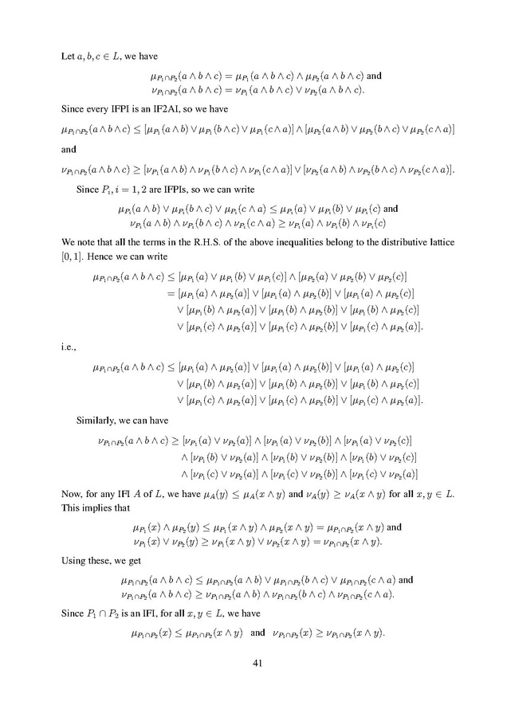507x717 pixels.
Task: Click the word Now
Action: click(x=73, y=494)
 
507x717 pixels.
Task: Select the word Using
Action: click(x=76, y=561)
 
